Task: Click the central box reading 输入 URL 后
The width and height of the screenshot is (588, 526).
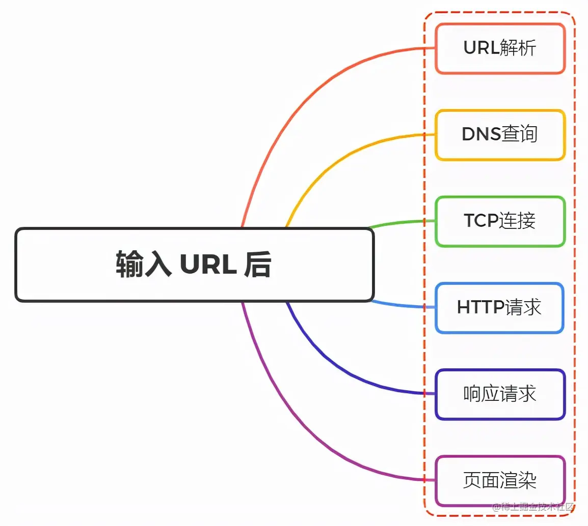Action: point(195,265)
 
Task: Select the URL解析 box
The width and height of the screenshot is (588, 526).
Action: point(500,49)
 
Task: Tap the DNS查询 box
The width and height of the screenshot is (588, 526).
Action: point(500,135)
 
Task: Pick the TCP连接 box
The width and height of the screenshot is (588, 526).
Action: point(500,222)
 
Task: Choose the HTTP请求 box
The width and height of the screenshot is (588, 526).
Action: point(500,308)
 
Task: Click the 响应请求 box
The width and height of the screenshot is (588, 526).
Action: point(500,395)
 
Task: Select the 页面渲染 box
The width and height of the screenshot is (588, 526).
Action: point(500,481)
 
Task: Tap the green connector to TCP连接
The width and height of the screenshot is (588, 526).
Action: point(403,222)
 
